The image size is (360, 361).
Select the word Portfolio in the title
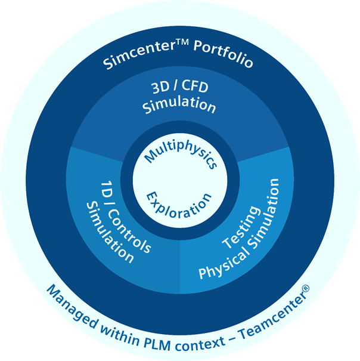pyautogui.click(x=223, y=54)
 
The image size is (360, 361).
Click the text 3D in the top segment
pyautogui.click(x=160, y=87)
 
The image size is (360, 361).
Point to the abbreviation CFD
pyautogui.click(x=195, y=86)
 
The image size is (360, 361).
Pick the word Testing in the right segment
pyautogui.click(x=241, y=227)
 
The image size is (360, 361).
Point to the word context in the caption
pyautogui.click(x=200, y=344)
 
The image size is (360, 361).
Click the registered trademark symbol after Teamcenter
pyautogui.click(x=306, y=288)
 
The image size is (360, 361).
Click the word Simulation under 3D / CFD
pyautogui.click(x=179, y=105)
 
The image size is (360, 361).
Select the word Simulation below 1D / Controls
pyautogui.click(x=110, y=233)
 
